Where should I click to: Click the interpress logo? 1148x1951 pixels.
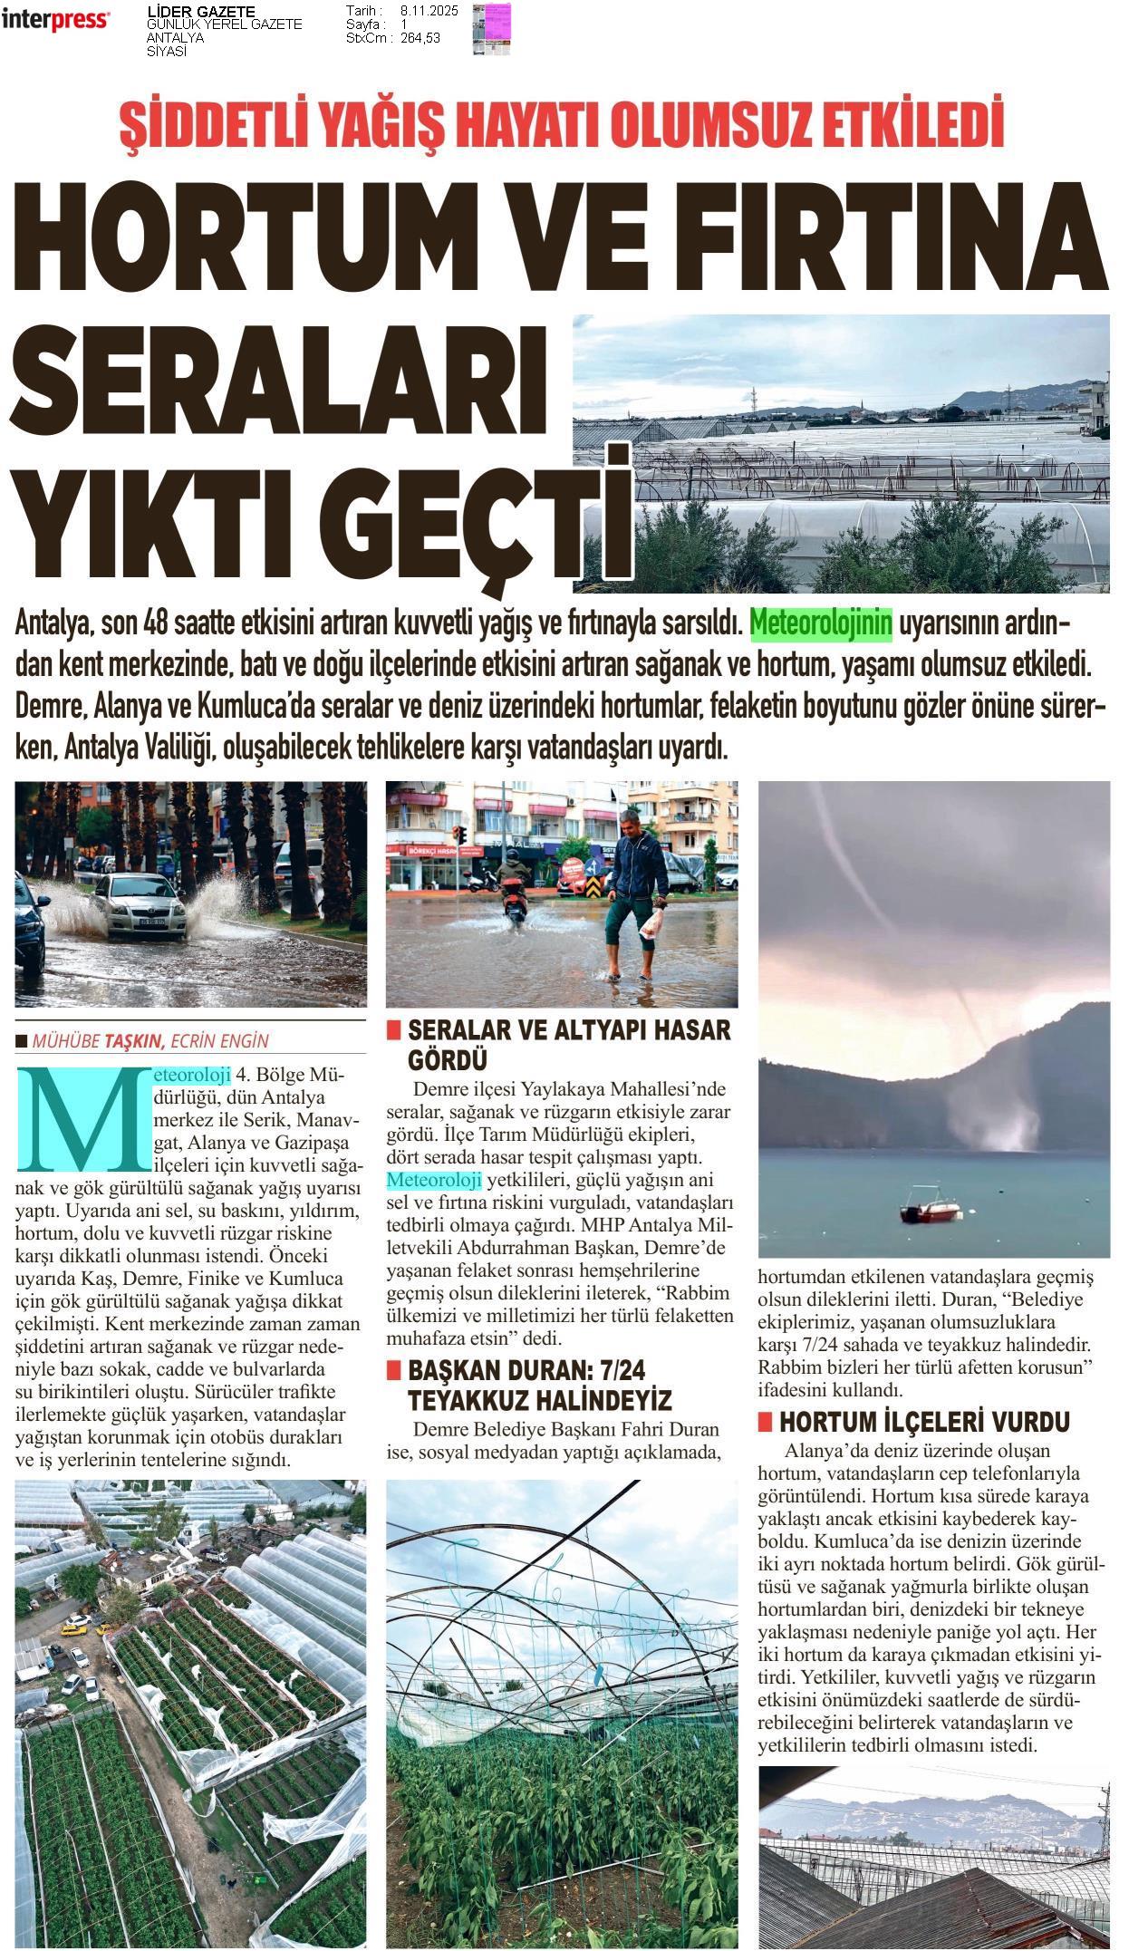[55, 19]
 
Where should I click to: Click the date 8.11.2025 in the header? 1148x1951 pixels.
[429, 11]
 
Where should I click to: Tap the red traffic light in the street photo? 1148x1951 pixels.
[460, 835]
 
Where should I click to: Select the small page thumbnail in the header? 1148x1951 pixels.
[492, 29]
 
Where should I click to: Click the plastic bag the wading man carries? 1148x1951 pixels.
[651, 923]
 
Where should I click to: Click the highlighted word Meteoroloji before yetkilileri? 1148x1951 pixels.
[434, 1180]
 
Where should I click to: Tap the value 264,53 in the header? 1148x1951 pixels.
[420, 37]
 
